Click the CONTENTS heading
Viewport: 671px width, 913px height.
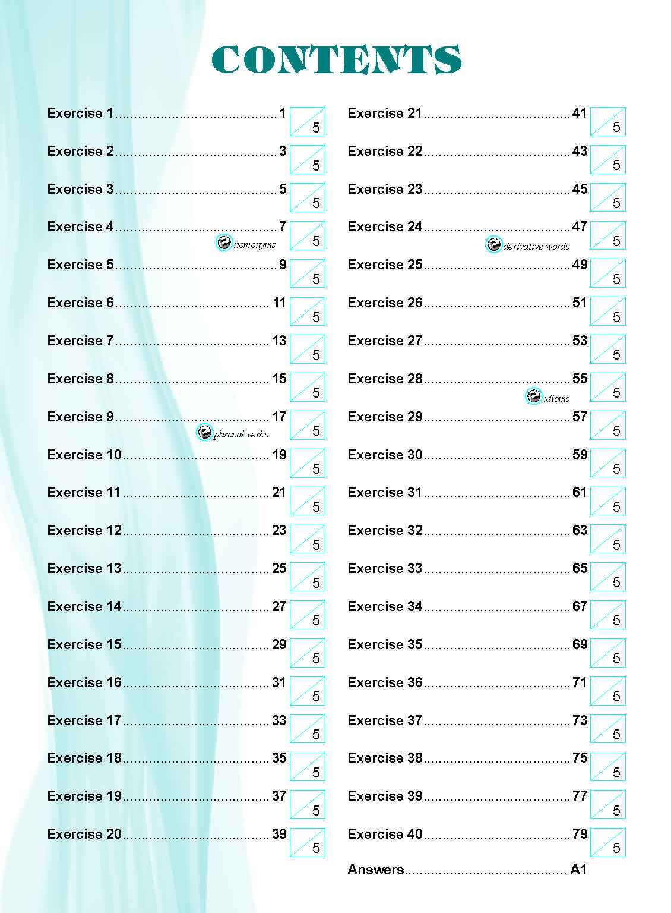336,60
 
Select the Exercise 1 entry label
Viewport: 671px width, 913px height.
80,113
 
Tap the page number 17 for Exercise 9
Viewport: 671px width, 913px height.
279,417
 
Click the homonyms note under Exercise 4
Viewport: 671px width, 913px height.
255,244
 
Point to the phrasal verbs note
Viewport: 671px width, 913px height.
241,434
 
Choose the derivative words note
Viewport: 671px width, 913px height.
536,246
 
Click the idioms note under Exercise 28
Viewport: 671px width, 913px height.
556,398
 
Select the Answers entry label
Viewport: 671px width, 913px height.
375,870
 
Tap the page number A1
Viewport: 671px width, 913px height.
578,870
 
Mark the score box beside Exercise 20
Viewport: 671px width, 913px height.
308,842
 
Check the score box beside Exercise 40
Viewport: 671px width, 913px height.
608,842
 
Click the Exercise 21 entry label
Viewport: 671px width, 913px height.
385,113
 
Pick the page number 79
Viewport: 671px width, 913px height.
580,834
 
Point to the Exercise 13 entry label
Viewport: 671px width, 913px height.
84,568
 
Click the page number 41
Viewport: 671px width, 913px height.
580,113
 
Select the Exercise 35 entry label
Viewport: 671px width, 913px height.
385,644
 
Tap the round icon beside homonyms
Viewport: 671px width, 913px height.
224,243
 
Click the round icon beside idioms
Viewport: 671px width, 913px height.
534,396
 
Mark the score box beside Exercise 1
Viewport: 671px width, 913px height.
308,121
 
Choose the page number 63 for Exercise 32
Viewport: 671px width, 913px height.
580,530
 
